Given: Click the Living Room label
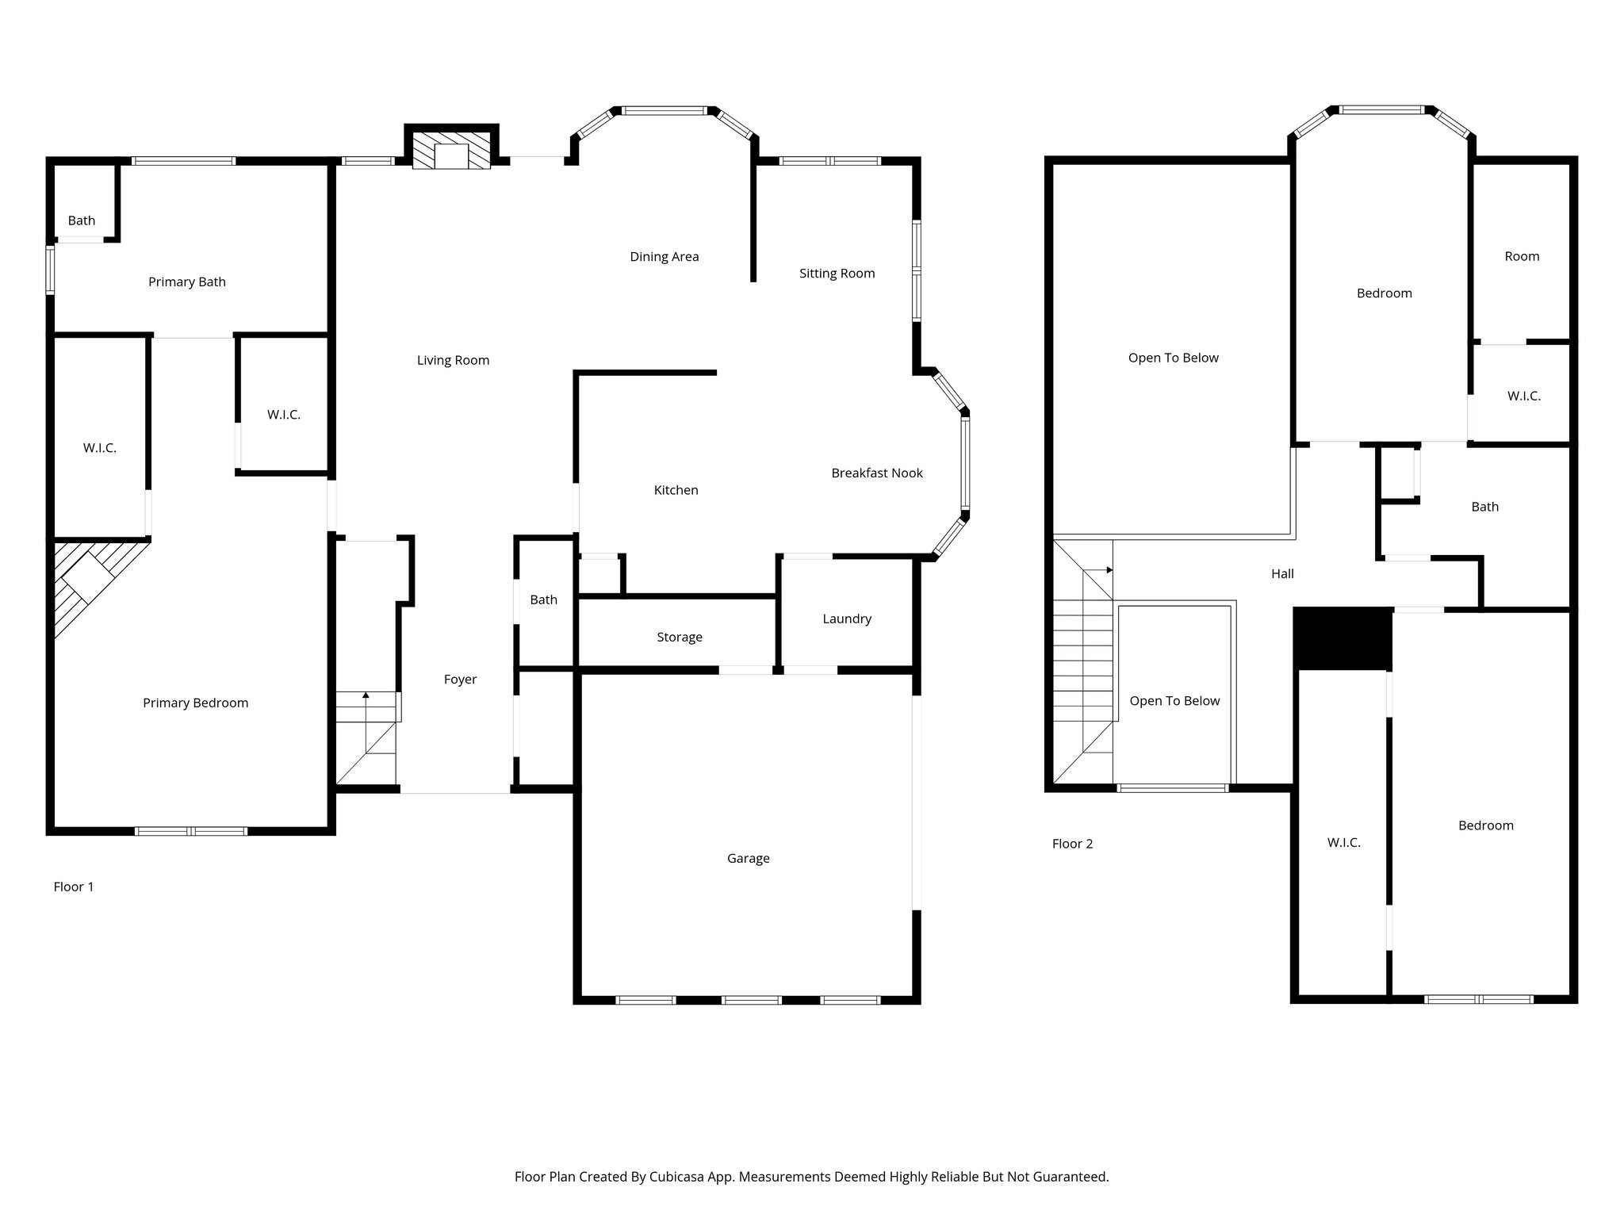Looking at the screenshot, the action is pyautogui.click(x=453, y=361).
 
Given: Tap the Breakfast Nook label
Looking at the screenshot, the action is pyautogui.click(x=877, y=473).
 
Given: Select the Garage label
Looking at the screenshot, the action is pyautogui.click(x=749, y=859).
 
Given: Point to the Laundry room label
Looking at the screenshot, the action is pyautogui.click(x=847, y=619).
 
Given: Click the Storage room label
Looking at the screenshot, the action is pyautogui.click(x=680, y=638).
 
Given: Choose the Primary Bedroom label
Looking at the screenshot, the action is pyautogui.click(x=195, y=703).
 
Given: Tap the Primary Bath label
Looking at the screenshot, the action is pyautogui.click(x=187, y=282).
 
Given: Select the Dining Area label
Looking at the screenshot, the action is pyautogui.click(x=665, y=257).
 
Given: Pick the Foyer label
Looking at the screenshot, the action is pyautogui.click(x=460, y=680).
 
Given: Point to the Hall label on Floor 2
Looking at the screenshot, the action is pyautogui.click(x=1282, y=574).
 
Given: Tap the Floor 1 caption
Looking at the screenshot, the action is pyautogui.click(x=74, y=887).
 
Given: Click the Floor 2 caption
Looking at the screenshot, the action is pyautogui.click(x=1072, y=845).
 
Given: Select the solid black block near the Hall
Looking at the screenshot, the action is pyautogui.click(x=1342, y=638).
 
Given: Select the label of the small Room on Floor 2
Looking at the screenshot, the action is pyautogui.click(x=1522, y=257).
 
